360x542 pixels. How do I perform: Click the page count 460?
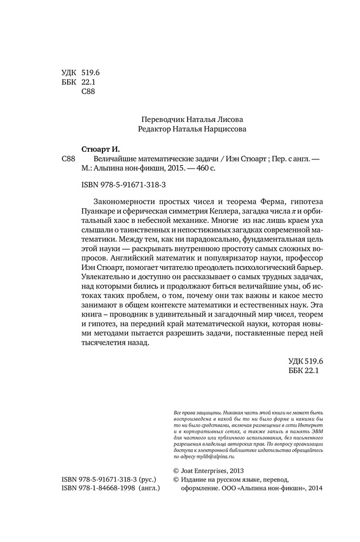point(202,169)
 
